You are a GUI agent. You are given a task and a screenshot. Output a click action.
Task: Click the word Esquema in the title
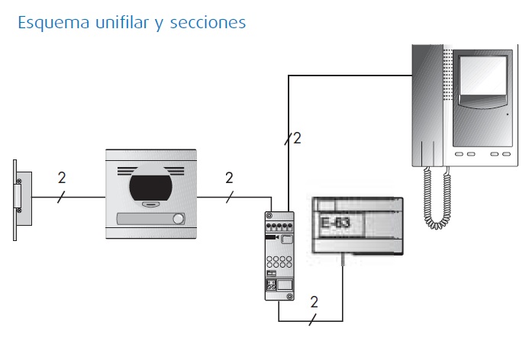(x=47, y=23)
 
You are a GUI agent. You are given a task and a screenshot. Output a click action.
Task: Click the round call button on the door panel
(x=179, y=220)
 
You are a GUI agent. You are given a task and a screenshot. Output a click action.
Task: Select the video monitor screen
(x=482, y=85)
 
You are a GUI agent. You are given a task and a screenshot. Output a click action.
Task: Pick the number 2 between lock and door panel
(x=62, y=178)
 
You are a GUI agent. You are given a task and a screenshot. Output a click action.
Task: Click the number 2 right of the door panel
(x=229, y=178)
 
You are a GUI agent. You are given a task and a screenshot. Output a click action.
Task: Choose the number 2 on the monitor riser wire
(x=297, y=138)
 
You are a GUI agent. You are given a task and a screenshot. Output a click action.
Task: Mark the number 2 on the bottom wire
(x=314, y=303)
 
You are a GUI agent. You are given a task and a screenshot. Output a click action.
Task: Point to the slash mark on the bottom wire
(x=310, y=320)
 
